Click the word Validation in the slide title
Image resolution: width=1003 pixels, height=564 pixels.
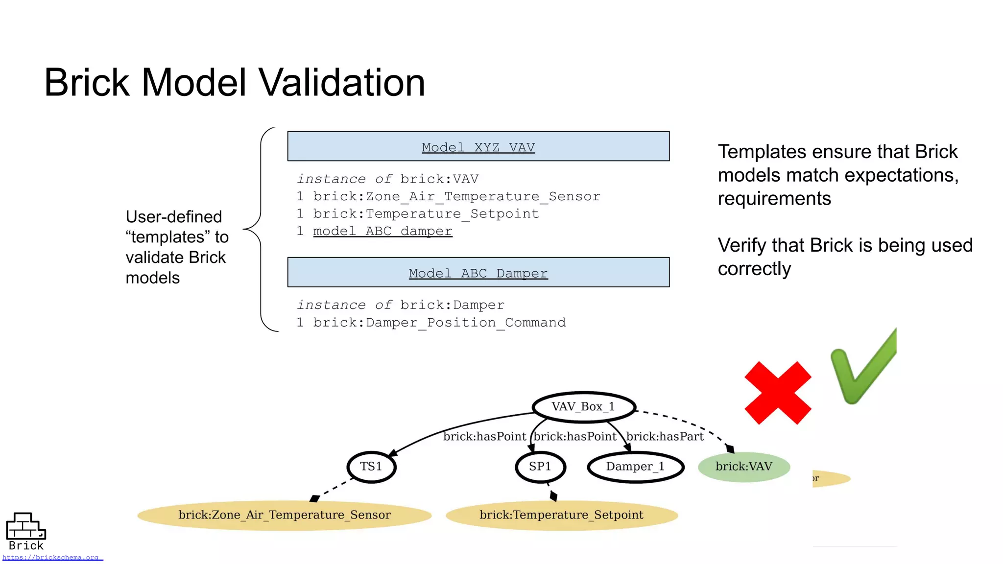coord(341,82)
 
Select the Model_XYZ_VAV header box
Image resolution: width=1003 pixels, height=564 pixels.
coord(478,146)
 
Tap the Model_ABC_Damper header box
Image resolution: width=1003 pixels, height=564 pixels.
coord(478,272)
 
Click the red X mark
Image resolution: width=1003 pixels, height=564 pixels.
coord(777,393)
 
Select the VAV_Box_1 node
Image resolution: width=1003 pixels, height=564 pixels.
coord(583,407)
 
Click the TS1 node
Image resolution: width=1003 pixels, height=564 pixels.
coord(371,467)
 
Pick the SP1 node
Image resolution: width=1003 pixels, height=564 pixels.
coord(540,467)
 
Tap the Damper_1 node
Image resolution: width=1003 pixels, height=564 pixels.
coord(635,467)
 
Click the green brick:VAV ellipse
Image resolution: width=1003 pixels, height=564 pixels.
coord(743,467)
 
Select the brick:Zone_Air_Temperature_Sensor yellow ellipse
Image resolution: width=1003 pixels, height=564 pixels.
coord(284,515)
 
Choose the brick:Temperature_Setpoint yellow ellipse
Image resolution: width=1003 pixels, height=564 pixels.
coord(561,515)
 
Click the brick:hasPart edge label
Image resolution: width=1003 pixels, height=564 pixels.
coord(665,436)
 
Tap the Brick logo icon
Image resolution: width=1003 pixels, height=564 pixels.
coord(25,526)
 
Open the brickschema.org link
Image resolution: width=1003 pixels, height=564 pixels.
coord(51,557)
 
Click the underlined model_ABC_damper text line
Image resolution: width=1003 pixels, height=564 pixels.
coord(382,231)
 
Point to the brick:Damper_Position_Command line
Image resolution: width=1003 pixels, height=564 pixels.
coord(439,323)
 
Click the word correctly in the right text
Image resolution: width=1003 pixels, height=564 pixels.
coord(754,269)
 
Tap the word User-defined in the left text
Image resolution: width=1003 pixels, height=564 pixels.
coord(174,217)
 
